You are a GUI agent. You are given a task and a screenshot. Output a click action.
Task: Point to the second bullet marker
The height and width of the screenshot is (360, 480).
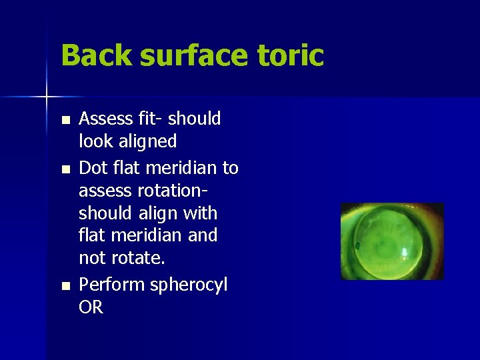click(x=65, y=169)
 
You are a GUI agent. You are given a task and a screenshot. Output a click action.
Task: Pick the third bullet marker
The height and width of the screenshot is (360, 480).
click(x=65, y=286)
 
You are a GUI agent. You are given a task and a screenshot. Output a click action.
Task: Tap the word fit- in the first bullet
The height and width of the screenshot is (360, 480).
click(x=149, y=119)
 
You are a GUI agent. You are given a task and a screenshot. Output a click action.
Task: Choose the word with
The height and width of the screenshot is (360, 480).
click(x=201, y=214)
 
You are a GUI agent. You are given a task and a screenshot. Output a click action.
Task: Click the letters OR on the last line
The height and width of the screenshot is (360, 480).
click(x=91, y=307)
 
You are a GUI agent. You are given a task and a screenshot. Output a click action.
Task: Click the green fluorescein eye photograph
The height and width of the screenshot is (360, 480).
click(x=392, y=241)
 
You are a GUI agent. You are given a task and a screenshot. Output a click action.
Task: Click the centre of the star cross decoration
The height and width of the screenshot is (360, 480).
click(x=47, y=97)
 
